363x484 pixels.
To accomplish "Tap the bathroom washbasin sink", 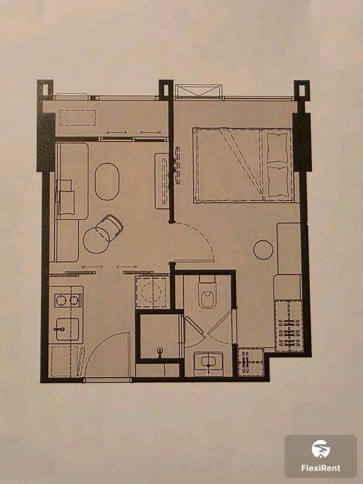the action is pos(208,362).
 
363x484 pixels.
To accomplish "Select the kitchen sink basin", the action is pos(67,329).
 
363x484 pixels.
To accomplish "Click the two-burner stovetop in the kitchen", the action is pos(68,300).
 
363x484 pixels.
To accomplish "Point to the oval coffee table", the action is pos(107,181).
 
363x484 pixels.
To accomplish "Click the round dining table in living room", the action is pos(96,240).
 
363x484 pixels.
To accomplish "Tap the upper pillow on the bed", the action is pos(277,148).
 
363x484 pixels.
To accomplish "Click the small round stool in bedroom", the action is pos(263,250).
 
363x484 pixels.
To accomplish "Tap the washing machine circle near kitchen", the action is pos(151,292).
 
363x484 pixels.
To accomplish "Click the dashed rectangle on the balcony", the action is pos(78,118).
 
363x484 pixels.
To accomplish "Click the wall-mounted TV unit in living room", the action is pos(162,181).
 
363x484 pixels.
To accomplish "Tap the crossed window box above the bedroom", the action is pos(198,91).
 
